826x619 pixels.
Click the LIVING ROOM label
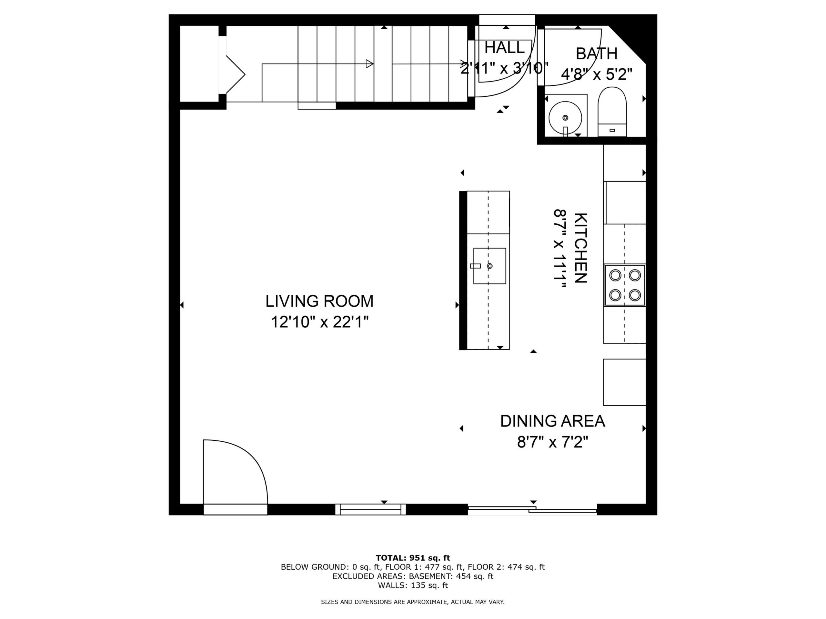(319, 301)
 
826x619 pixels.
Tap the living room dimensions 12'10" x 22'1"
(320, 322)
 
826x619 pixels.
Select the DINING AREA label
(553, 421)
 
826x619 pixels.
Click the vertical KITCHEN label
(581, 248)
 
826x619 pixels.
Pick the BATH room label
(596, 54)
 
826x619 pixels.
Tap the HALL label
(505, 48)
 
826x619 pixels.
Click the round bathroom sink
(565, 118)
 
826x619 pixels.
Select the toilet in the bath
(612, 112)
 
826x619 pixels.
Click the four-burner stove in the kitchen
(625, 285)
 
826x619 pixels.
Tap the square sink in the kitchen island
(489, 266)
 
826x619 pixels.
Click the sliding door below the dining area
(532, 510)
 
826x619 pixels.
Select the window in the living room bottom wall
(370, 509)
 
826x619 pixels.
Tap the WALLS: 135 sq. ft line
(413, 585)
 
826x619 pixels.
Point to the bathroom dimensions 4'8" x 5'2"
(597, 74)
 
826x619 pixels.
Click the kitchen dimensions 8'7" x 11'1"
(560, 248)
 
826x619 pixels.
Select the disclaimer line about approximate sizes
(413, 602)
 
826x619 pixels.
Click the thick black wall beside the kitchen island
(463, 270)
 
